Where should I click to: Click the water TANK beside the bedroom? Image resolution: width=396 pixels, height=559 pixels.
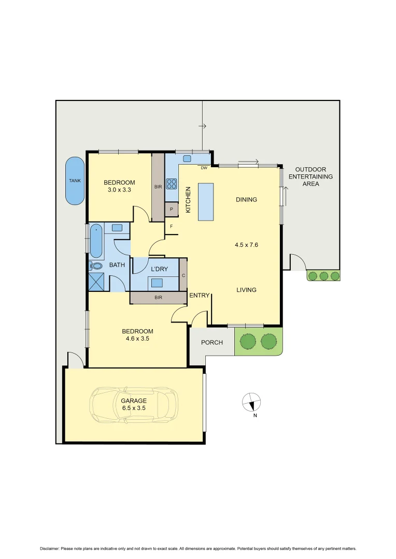click(75, 181)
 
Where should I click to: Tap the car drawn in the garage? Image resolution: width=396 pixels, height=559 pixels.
click(134, 405)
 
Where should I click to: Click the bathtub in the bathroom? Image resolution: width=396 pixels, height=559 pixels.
click(96, 241)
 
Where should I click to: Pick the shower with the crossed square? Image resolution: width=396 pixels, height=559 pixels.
click(97, 282)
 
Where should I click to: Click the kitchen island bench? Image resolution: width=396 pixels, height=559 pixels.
click(206, 201)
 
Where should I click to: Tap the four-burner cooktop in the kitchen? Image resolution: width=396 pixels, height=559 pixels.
click(172, 184)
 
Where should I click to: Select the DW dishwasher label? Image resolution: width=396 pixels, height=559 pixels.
click(204, 168)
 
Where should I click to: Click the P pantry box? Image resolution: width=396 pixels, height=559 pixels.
click(172, 209)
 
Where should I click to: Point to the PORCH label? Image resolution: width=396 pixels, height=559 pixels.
click(212, 343)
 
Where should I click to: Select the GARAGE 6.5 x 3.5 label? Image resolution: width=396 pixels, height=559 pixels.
click(134, 404)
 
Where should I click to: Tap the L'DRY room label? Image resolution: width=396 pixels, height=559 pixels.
click(159, 270)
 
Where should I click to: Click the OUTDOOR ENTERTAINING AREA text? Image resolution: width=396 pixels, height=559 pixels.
click(310, 176)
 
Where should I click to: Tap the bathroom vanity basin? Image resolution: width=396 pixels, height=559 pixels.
click(117, 227)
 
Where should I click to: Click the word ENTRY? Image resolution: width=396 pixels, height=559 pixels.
click(200, 296)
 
